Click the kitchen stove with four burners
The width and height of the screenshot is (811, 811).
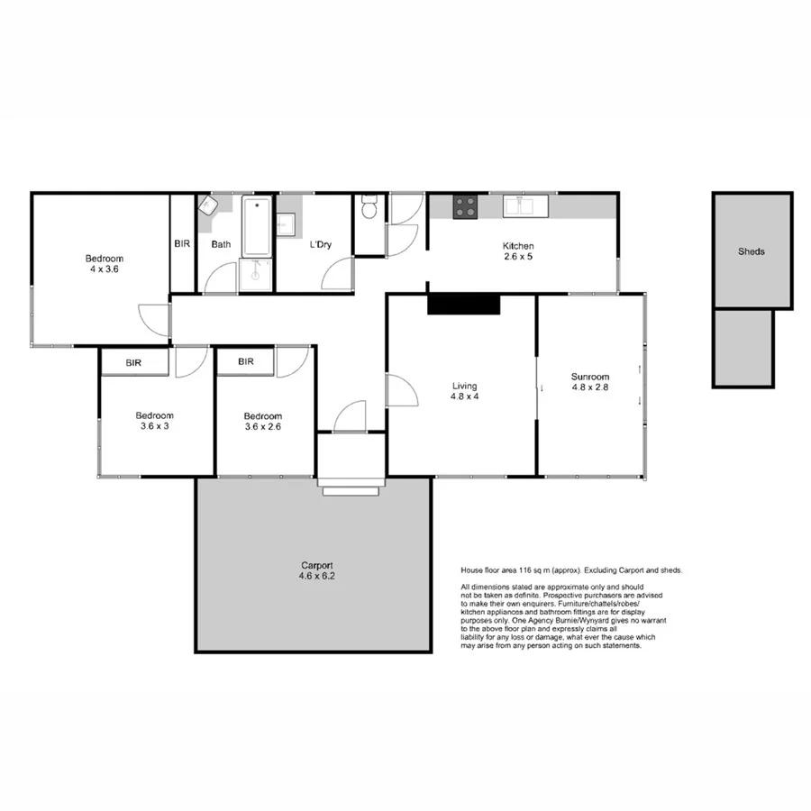[x=465, y=206]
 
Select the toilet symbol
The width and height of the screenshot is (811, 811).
[x=369, y=209]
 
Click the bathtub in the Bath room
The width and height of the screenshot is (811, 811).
[x=257, y=226]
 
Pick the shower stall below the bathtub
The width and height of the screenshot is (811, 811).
[x=257, y=275]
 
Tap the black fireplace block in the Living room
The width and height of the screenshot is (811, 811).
[x=463, y=304]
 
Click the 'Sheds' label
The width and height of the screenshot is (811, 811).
[x=751, y=251]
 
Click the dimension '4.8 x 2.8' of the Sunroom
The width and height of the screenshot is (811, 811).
[x=590, y=389]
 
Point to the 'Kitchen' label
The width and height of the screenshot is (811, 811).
[x=518, y=246]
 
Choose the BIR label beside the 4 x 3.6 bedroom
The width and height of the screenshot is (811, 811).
[x=182, y=243]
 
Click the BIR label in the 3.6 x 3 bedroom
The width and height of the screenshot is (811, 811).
[x=133, y=362]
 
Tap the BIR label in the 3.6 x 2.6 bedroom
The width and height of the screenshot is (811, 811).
[x=245, y=362]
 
